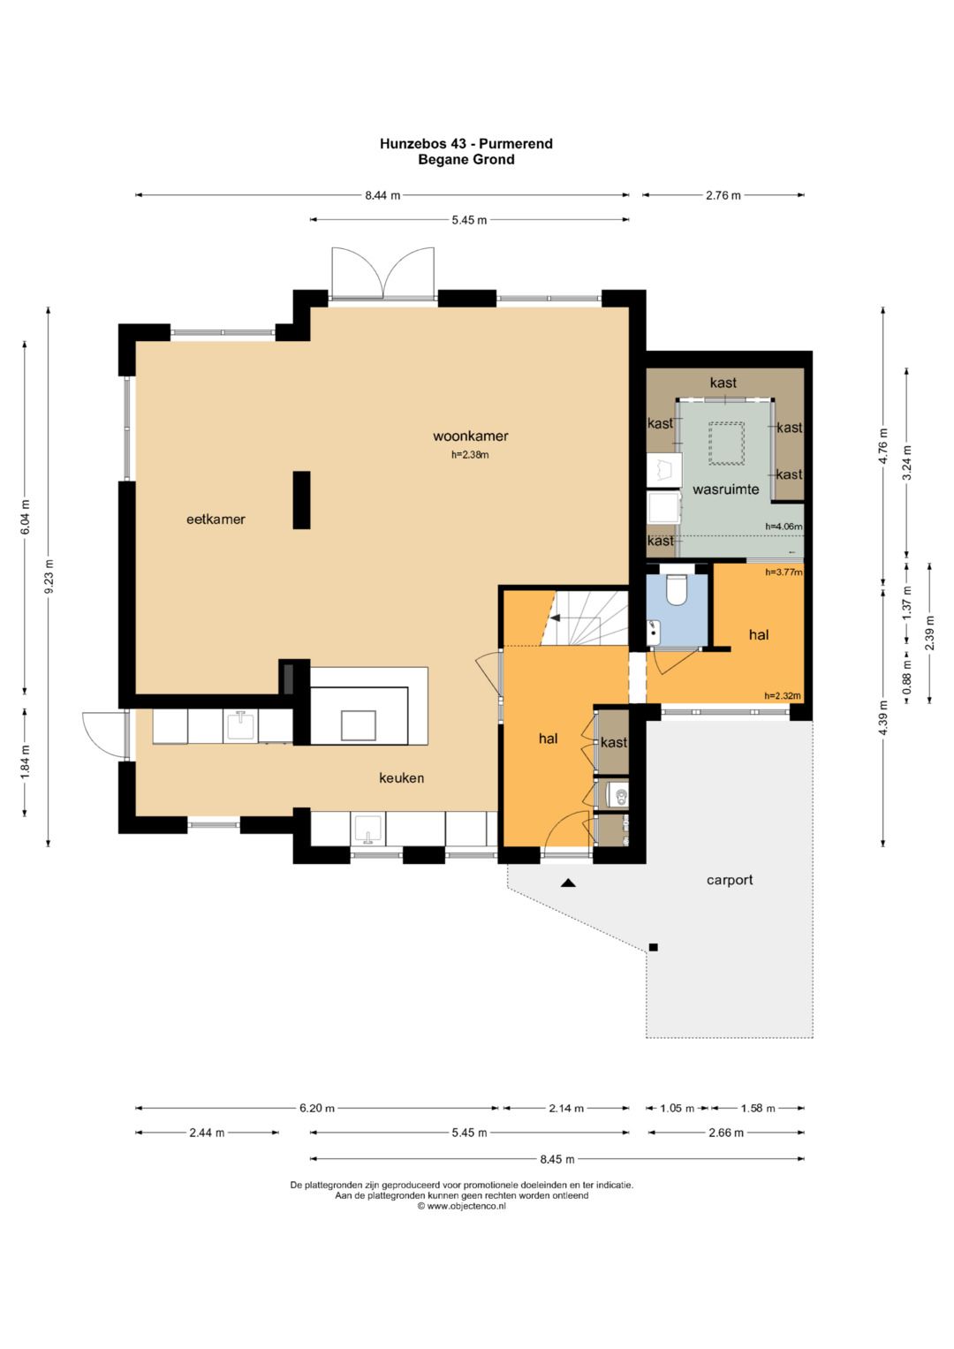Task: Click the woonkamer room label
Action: (x=470, y=436)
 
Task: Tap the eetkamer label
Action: (x=216, y=519)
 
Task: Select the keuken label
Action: (x=401, y=778)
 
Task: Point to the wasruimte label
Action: (x=726, y=489)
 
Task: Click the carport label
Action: (x=730, y=880)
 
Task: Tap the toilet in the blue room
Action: (x=677, y=589)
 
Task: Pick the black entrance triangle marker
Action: (x=568, y=883)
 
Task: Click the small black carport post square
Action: (x=654, y=947)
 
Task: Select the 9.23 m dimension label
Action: (x=49, y=576)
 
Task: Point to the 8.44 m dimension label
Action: (x=382, y=195)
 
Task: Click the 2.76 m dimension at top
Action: (x=723, y=195)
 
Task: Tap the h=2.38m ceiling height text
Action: (x=470, y=455)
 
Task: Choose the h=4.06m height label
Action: (x=784, y=527)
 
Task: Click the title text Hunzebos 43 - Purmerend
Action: (x=466, y=143)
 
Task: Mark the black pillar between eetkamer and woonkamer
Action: (x=302, y=500)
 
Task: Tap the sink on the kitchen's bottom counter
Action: (x=367, y=830)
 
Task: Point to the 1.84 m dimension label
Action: (x=26, y=762)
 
